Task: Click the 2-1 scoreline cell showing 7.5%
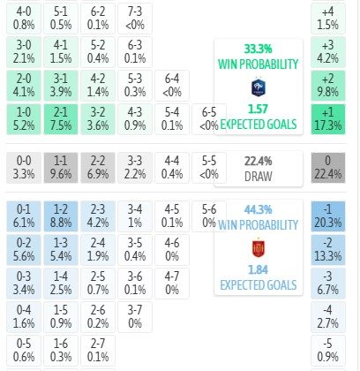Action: (x=61, y=119)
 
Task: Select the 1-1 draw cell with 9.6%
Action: (x=61, y=168)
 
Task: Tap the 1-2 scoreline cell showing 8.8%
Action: (x=61, y=216)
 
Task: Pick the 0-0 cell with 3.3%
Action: (x=24, y=168)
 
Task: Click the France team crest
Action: (x=259, y=87)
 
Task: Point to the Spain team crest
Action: (x=259, y=248)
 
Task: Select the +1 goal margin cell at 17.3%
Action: (x=328, y=119)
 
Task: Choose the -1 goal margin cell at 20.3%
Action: (x=328, y=216)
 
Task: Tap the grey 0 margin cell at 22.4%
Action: (x=328, y=168)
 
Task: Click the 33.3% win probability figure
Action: (x=258, y=49)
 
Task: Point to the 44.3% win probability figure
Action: (x=258, y=209)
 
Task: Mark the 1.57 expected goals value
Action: (x=258, y=110)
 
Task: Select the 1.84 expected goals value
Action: (x=258, y=269)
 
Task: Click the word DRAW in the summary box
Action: (x=259, y=177)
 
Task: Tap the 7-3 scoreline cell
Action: (x=135, y=19)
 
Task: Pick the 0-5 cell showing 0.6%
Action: (x=24, y=351)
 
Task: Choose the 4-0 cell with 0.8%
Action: (x=24, y=19)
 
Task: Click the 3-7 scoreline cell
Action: (x=135, y=317)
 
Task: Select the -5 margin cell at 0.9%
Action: (x=328, y=351)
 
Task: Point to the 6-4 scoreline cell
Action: (x=172, y=86)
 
